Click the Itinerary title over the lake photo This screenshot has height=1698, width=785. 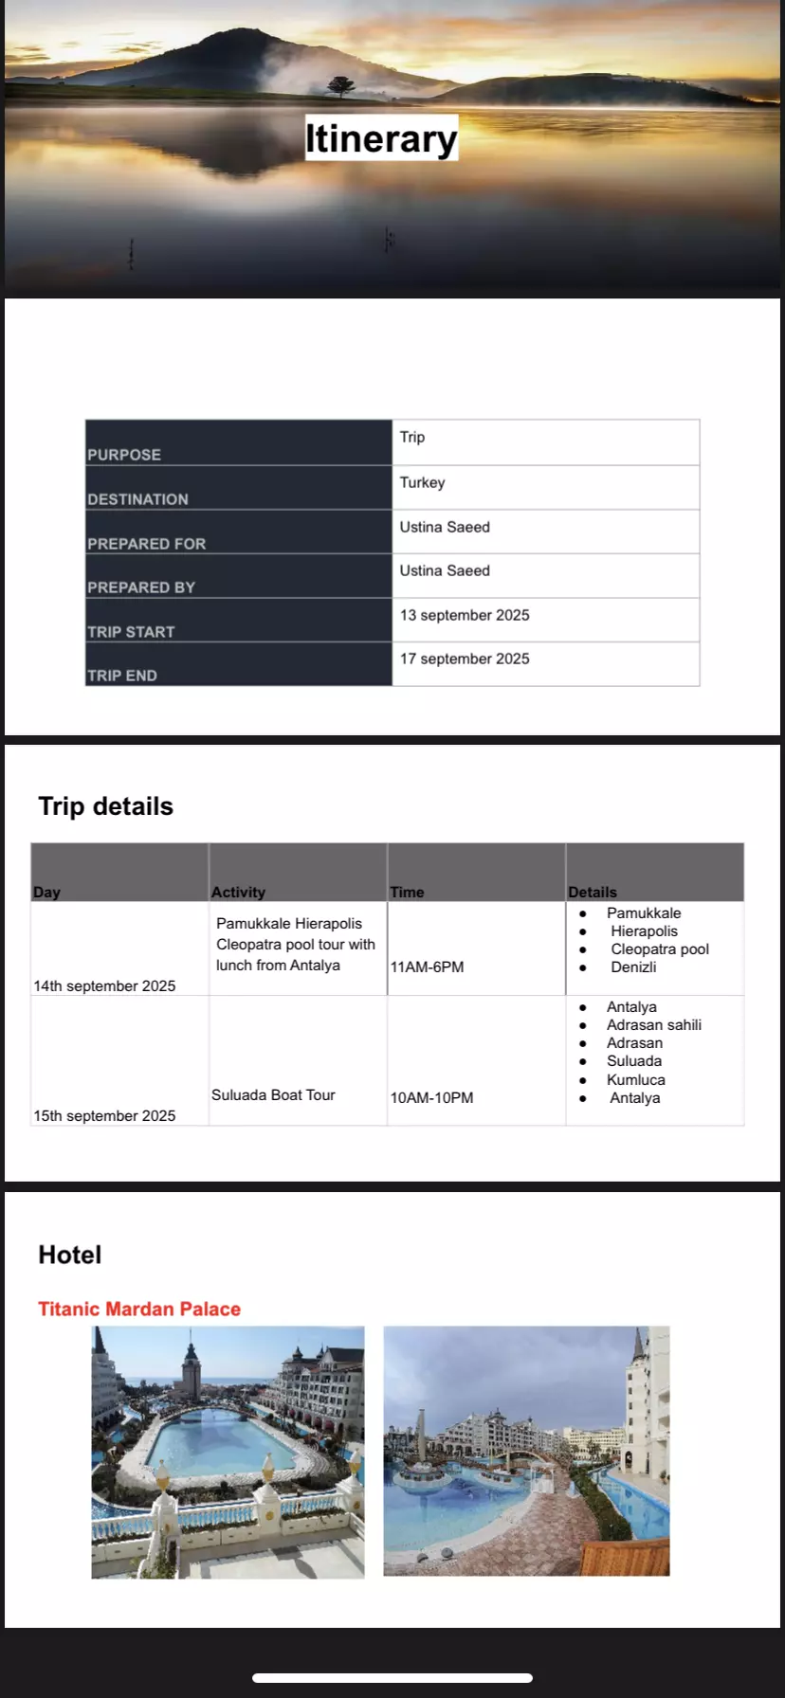[x=381, y=138]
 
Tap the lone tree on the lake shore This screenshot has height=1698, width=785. [x=340, y=86]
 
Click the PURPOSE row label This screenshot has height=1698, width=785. [x=124, y=454]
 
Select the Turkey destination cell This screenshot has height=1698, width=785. [x=422, y=482]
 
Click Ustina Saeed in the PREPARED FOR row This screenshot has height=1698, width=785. [x=445, y=527]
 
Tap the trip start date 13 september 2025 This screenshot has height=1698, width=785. [x=465, y=615]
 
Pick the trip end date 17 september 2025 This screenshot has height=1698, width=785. [x=465, y=659]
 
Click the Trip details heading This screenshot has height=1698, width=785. [x=106, y=806]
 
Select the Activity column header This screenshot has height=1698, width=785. [x=238, y=892]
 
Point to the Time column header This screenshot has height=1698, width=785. [x=407, y=892]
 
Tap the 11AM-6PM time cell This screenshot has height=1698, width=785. [x=427, y=966]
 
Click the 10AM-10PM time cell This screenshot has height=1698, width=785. [x=431, y=1097]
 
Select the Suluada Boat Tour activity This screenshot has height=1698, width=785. [x=273, y=1094]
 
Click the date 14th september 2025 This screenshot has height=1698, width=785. [x=104, y=985]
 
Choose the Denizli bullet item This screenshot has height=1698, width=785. [x=633, y=966]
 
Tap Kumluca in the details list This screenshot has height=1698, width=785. [x=635, y=1079]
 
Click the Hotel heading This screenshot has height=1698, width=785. [x=70, y=1255]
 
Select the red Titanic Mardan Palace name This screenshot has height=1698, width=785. [x=139, y=1309]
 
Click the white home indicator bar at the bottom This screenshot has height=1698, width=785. [x=392, y=1677]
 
